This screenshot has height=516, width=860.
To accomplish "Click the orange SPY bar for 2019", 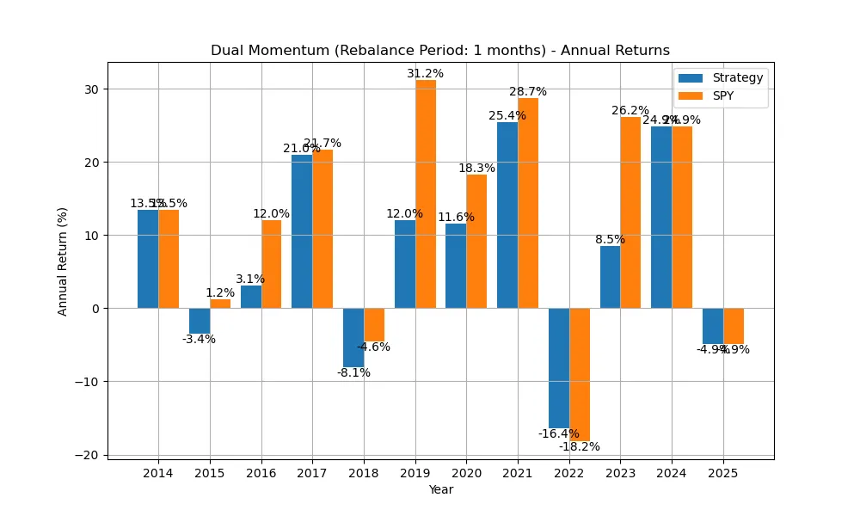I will pos(426,193).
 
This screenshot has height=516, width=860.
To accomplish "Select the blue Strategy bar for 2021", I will pos(507,215).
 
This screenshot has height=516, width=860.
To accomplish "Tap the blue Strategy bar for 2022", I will pos(559,367).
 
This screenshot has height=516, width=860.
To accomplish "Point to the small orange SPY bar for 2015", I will pos(220,304).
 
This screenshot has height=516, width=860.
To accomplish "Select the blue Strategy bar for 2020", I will pos(456,266).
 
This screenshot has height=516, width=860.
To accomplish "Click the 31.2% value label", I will pos(426,74).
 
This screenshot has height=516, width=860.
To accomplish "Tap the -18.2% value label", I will pos(580,446).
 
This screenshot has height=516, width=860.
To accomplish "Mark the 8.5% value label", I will pos(610,240).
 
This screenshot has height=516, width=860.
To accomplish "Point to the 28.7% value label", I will pos(528,92).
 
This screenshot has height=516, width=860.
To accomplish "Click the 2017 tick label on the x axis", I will pos(312,473).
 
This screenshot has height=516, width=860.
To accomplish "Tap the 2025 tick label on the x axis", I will pos(723,473).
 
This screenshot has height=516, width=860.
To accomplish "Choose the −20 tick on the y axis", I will pos(88,455).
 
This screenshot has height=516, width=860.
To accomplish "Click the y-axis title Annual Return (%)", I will pos(63,260).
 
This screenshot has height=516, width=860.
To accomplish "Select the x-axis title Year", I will pos(440,490).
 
